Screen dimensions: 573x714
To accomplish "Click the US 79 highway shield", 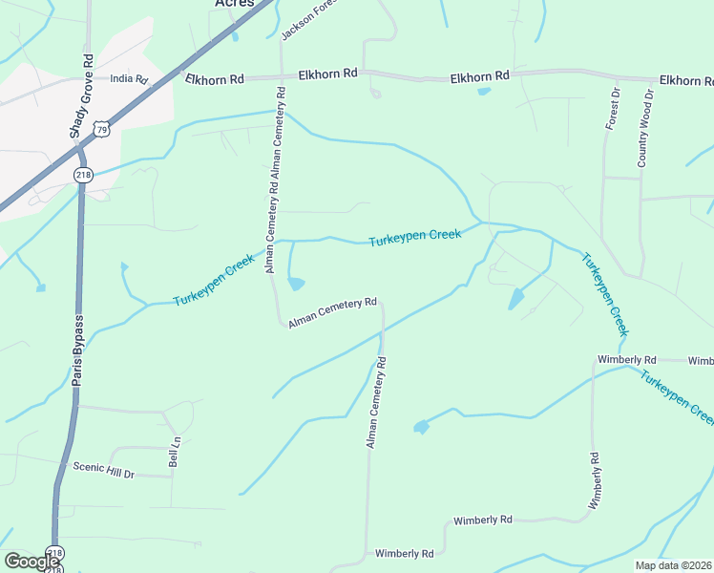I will pos(102,127).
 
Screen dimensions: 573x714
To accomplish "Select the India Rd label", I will pos(130,80).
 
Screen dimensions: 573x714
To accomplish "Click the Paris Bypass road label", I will pos(79,350).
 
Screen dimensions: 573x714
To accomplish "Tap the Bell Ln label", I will pos(175,451).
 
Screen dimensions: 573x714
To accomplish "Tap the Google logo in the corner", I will pos(31,562).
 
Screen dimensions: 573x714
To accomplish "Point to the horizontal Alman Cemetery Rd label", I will pos(332,312).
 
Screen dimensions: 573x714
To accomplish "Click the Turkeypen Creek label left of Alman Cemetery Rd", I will pos(214,280).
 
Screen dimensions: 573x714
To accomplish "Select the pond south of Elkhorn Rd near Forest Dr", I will pos(484,93).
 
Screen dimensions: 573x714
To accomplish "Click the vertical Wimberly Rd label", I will pos(595,487).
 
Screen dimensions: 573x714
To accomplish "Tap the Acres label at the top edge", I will pos(234,4).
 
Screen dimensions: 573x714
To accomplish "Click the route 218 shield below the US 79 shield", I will pos(82,174).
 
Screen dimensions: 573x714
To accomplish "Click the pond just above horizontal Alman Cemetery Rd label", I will pos(297,284).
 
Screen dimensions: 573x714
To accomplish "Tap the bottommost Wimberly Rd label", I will pos(405,553).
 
